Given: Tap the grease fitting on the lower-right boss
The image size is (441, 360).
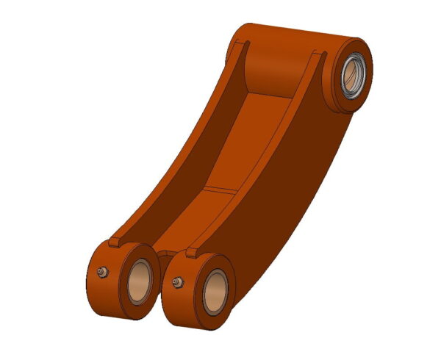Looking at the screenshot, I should (176, 281).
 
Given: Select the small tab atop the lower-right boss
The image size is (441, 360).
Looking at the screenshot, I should (193, 252).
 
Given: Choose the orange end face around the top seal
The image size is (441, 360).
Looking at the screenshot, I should (365, 92).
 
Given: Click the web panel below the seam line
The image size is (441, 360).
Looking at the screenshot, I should (198, 220).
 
